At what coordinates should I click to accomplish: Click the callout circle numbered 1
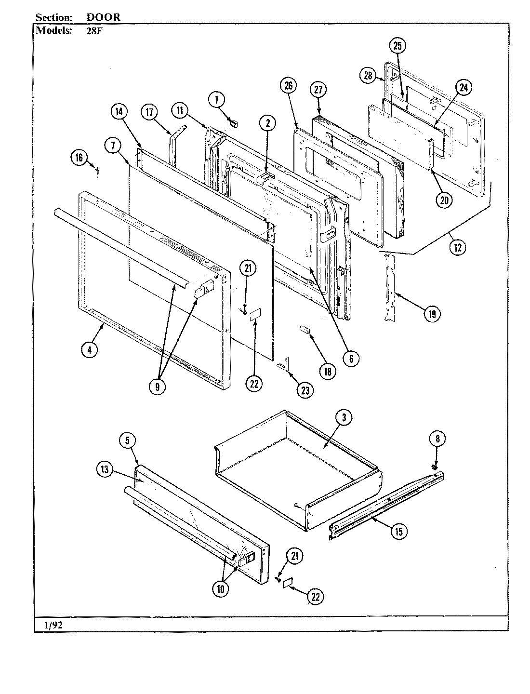point(216,100)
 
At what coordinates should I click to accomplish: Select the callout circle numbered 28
point(368,76)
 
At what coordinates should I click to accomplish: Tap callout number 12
point(457,248)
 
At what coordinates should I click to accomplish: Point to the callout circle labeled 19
point(431,314)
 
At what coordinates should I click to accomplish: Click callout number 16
point(79,157)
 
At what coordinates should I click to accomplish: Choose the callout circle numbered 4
point(89,350)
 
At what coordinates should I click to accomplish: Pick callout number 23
point(305,390)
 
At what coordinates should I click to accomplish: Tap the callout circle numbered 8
point(437,439)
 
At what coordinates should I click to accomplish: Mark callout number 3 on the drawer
point(343,418)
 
